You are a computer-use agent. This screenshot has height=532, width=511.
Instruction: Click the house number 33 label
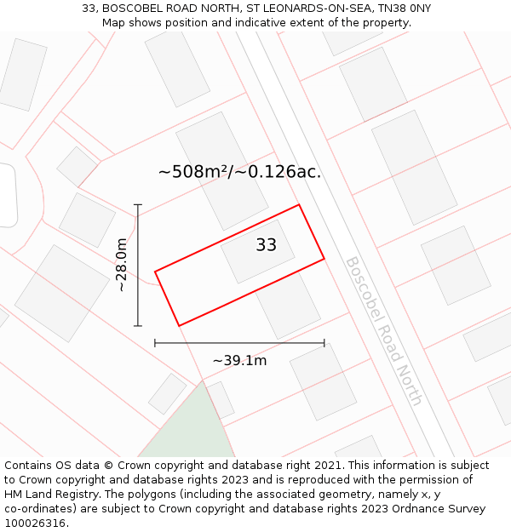(x=267, y=245)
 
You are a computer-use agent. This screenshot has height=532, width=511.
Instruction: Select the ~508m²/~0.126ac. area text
(x=239, y=172)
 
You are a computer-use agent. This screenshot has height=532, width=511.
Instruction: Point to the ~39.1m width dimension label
(x=239, y=361)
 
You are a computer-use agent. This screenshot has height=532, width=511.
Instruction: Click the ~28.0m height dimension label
(x=122, y=265)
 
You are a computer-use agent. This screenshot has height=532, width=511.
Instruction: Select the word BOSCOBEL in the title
(x=131, y=9)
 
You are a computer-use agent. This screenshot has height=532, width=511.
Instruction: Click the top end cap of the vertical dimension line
(x=138, y=205)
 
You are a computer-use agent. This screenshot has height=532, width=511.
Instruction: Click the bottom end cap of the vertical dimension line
(x=138, y=325)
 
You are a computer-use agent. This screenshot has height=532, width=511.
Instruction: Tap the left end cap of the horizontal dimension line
(x=155, y=343)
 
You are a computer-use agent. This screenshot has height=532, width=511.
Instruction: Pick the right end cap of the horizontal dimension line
(x=324, y=343)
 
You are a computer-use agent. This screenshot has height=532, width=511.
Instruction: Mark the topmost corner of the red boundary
(x=299, y=204)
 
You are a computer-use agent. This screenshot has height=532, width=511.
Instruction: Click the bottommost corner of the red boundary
(x=179, y=326)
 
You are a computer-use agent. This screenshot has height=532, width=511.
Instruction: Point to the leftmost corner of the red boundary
(x=155, y=272)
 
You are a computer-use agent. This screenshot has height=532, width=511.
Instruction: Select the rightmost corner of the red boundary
(x=324, y=258)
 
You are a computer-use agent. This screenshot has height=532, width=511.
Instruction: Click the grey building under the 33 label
(x=260, y=255)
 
